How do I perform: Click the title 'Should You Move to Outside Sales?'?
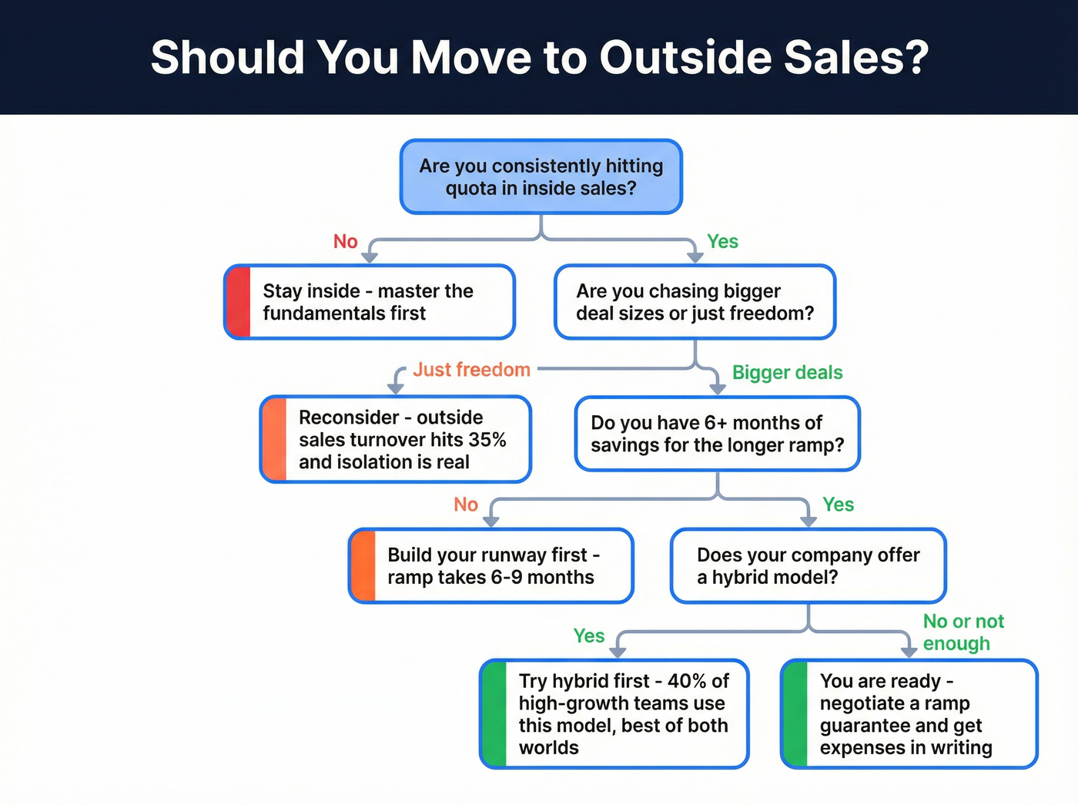539,58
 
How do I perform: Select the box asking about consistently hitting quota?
541,177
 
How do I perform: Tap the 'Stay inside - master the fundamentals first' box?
370,302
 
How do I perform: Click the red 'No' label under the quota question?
345,242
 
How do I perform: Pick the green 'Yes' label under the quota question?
722,242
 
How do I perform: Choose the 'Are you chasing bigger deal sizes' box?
695,302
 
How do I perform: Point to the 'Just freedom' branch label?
471,370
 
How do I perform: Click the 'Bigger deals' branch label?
787,373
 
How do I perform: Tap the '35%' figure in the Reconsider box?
487,440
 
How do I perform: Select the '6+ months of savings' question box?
717,434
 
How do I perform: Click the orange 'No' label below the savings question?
466,505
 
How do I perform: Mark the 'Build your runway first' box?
491,566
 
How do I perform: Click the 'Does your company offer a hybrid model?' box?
808,566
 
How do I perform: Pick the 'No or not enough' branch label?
962,632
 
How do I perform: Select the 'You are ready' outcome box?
909,714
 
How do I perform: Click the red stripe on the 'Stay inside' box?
239,302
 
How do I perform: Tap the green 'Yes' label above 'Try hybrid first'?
588,636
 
